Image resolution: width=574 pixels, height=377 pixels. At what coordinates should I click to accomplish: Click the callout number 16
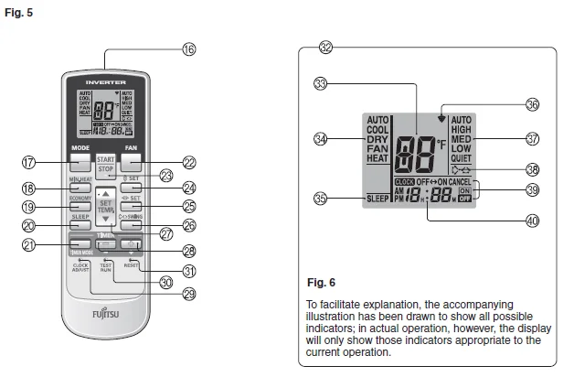coord(189,51)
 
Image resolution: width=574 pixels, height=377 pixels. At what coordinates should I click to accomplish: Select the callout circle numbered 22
coord(189,163)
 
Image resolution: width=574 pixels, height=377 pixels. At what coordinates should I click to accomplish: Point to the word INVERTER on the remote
coord(105,70)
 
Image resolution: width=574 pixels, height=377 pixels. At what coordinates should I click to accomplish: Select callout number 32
coord(326,47)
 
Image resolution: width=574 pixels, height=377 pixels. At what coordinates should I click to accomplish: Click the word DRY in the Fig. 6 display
coord(378,139)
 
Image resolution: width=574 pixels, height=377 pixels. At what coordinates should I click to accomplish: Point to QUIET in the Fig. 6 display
coord(463,158)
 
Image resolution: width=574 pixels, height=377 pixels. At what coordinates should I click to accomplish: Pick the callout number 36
coord(533,104)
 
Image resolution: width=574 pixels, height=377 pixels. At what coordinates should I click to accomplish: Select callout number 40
coord(533,220)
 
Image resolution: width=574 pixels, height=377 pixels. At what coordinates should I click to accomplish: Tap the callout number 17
coord(29,163)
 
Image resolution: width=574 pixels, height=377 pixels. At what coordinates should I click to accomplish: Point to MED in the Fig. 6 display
coord(462,139)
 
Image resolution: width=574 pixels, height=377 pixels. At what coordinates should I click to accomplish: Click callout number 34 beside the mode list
coord(320,139)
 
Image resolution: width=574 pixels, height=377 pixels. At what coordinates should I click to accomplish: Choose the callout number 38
coord(533,168)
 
